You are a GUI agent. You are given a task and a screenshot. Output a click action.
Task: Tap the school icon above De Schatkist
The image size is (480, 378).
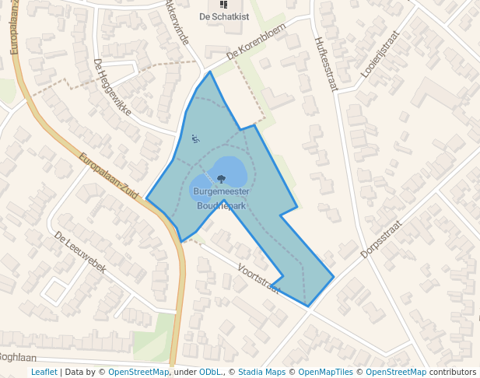pyautogui.click(x=223, y=5)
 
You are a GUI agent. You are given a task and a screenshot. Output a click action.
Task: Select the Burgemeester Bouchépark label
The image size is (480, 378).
pyautogui.click(x=221, y=198)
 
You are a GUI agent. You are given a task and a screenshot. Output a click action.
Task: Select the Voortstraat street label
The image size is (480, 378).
pyautogui.click(x=260, y=272)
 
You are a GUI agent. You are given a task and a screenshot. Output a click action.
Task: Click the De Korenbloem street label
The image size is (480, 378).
pyautogui.click(x=257, y=41)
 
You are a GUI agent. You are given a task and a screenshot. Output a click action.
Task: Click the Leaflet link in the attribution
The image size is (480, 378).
pyautogui.click(x=44, y=372)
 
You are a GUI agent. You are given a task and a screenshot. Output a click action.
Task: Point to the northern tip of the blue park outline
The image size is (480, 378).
pyautogui.click(x=210, y=72)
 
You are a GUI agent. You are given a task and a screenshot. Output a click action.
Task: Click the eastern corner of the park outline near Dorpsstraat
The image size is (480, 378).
pyautogui.click(x=334, y=276)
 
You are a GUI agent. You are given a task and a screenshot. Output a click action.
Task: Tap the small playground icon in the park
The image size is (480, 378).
pyautogui.click(x=194, y=138)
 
